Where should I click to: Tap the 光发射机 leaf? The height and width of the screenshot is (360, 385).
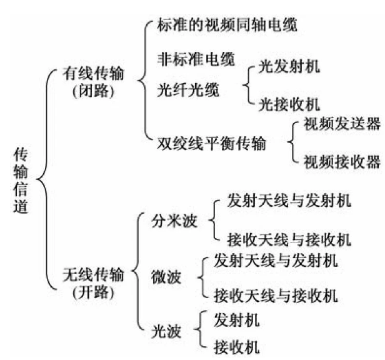pyautogui.click(x=289, y=66)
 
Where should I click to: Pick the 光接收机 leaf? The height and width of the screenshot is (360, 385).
pyautogui.click(x=289, y=102)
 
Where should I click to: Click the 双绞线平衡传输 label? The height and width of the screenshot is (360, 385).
pyautogui.click(x=212, y=143)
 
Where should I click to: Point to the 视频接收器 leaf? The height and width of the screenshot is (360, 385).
pyautogui.click(x=341, y=162)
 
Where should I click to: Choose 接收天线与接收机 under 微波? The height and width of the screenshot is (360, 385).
pyautogui.click(x=274, y=293)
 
